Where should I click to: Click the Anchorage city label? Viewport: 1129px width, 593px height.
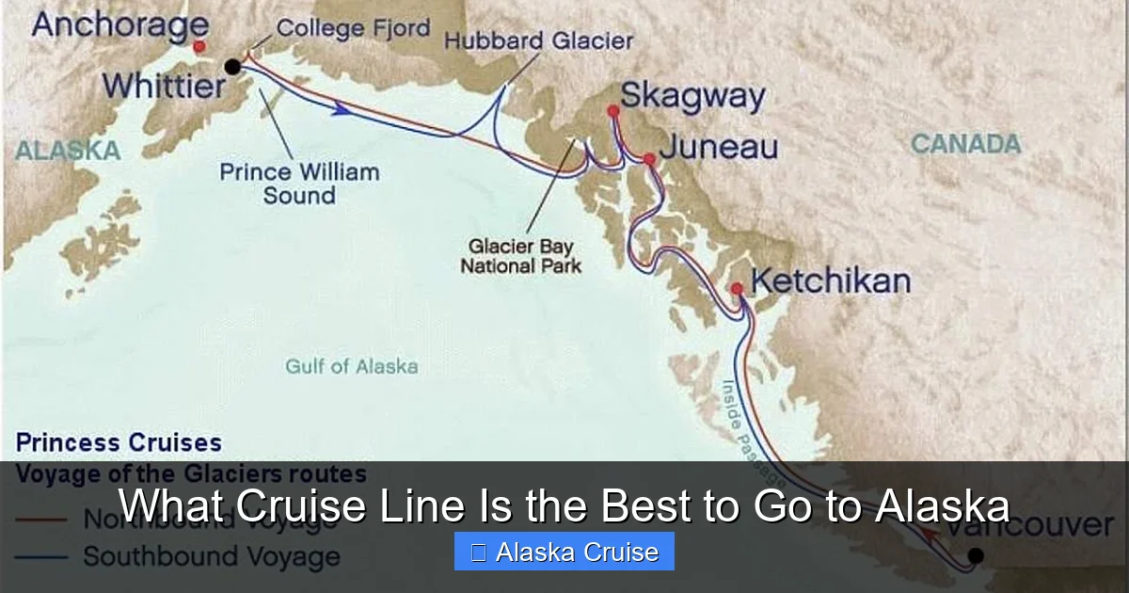point(119,24)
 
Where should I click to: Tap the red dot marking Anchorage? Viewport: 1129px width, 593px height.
point(199,46)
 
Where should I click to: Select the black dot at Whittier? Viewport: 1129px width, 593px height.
point(232,66)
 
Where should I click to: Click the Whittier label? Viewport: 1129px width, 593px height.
point(165,87)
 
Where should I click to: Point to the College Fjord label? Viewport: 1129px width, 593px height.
point(353,28)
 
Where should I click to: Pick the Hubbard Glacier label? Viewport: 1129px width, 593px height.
point(538,41)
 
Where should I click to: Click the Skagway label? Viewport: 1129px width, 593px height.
point(692,96)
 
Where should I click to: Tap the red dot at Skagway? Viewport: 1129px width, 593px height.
point(613,111)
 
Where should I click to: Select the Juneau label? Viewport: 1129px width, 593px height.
point(719,147)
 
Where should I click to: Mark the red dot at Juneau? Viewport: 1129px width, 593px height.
point(648,159)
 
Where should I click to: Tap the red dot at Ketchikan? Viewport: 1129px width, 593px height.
point(737,288)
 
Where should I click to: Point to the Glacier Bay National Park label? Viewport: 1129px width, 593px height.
point(520,256)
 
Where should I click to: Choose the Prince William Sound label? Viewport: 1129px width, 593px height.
point(299,184)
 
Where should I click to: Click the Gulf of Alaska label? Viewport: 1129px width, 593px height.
point(352,366)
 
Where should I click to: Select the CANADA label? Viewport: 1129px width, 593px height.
point(965,144)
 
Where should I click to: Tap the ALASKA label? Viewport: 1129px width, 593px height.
point(68,150)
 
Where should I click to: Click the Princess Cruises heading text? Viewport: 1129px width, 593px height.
point(119,442)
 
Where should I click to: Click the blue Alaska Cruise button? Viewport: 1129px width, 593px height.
point(564,552)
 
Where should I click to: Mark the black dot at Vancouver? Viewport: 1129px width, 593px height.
point(976,555)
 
